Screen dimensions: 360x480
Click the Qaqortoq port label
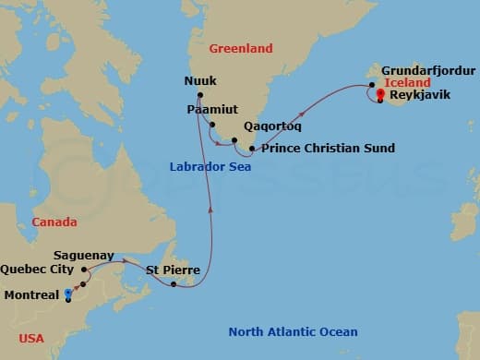[x=271, y=127]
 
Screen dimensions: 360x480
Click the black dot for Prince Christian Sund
[x=252, y=148]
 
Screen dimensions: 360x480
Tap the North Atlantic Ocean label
[x=293, y=331]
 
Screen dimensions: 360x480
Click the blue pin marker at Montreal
[x=68, y=295]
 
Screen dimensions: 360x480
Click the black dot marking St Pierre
[x=174, y=283]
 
